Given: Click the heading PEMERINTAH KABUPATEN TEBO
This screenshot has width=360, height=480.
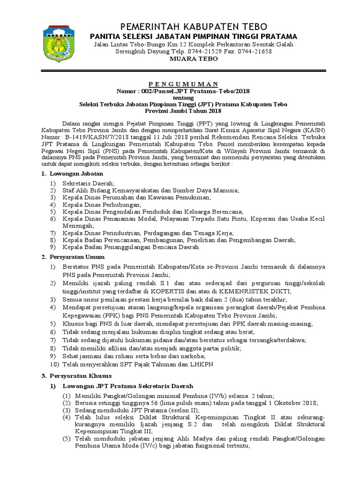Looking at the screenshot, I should [x=194, y=26].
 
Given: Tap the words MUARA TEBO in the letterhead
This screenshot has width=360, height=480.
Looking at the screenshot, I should [x=194, y=59].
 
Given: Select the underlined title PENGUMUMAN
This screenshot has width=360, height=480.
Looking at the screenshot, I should [x=194, y=83].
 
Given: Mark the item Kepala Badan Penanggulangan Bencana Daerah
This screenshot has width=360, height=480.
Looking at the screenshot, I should [x=132, y=247].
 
